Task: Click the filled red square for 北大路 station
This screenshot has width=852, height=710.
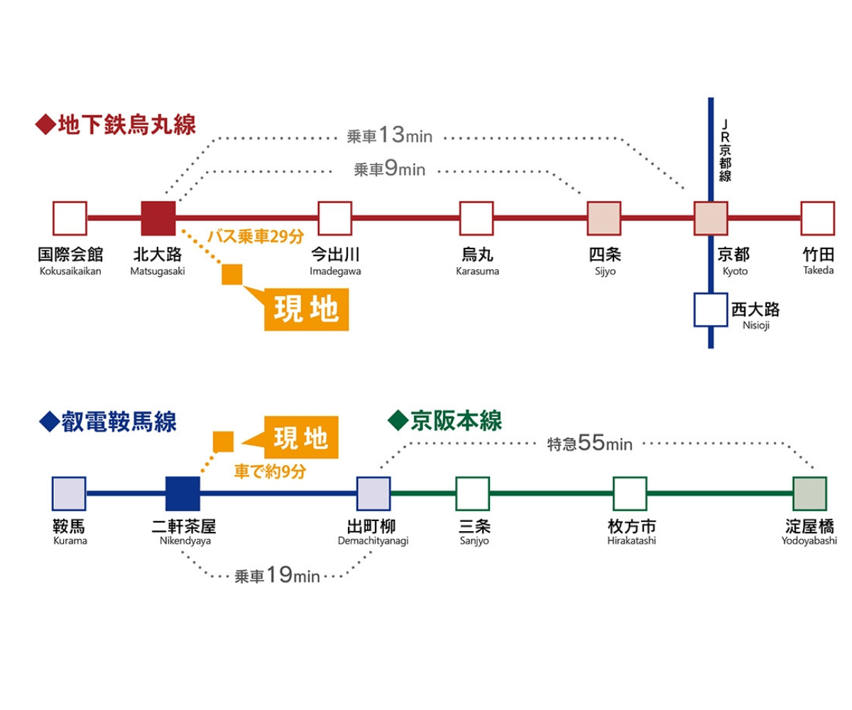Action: (x=158, y=218)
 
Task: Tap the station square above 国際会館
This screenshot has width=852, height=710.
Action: (x=70, y=218)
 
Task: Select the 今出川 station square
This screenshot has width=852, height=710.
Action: (x=334, y=218)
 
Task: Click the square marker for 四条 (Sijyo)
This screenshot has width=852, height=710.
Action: (x=604, y=218)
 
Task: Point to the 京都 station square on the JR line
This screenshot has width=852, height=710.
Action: (x=711, y=218)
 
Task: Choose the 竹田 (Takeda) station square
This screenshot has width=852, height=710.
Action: (x=817, y=218)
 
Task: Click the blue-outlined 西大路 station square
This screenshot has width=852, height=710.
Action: (x=711, y=310)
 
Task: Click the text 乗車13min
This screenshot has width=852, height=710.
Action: (x=389, y=135)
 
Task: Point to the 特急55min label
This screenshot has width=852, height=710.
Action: (x=589, y=444)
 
